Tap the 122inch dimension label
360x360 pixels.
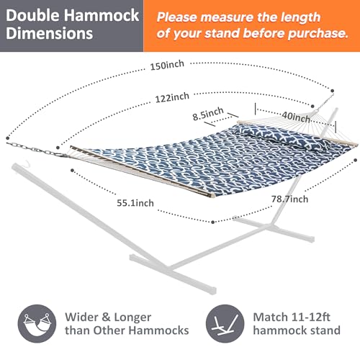tap(171, 96)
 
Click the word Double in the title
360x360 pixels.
tap(34, 15)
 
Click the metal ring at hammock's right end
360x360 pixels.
tap(333, 90)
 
